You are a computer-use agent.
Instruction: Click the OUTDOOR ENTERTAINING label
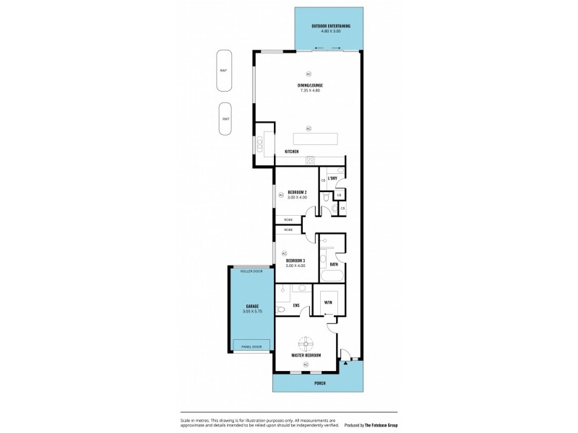(x=331, y=26)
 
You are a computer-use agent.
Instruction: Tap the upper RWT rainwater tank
(x=224, y=71)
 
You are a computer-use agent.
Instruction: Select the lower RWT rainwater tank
(x=226, y=119)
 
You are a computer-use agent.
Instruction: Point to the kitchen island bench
(x=315, y=139)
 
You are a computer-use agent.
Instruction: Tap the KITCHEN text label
(x=292, y=152)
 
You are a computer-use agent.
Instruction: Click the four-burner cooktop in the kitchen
(x=310, y=159)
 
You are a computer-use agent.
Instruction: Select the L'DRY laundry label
(x=332, y=178)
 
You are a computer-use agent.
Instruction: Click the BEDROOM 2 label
(x=297, y=192)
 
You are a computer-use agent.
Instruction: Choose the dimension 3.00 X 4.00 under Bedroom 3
(x=296, y=266)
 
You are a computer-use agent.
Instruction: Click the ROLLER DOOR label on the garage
(x=251, y=271)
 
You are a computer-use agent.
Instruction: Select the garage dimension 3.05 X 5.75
(x=251, y=312)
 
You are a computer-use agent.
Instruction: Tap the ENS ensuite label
(x=296, y=305)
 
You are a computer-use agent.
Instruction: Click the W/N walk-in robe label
(x=328, y=302)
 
